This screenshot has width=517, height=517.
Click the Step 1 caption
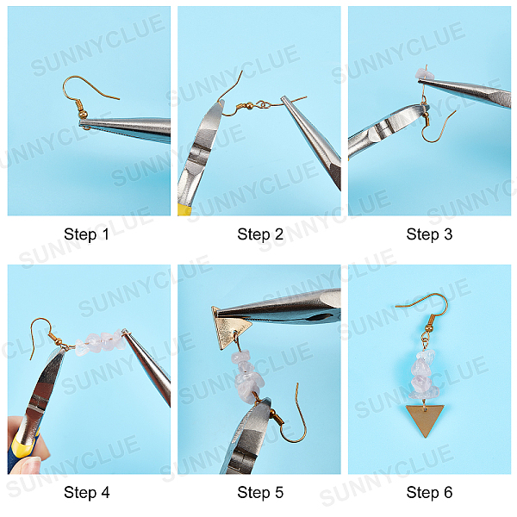[x=86, y=234]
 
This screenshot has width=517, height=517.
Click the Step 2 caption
[x=260, y=234]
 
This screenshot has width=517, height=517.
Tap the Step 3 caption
[x=429, y=234]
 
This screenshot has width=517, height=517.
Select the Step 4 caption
[x=86, y=492]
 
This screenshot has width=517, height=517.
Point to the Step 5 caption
[x=260, y=492]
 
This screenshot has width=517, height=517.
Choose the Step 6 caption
[x=429, y=492]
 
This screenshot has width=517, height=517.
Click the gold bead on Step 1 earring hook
[x=84, y=114]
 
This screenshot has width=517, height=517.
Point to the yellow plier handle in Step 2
[x=183, y=209]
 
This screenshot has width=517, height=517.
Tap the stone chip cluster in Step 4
[x=101, y=343]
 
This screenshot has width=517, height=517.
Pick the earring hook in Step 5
[x=290, y=419]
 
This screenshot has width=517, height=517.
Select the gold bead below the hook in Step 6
[x=429, y=328]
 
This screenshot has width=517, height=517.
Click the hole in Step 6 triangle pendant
[x=426, y=409]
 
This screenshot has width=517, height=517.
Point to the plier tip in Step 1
[x=82, y=123]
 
